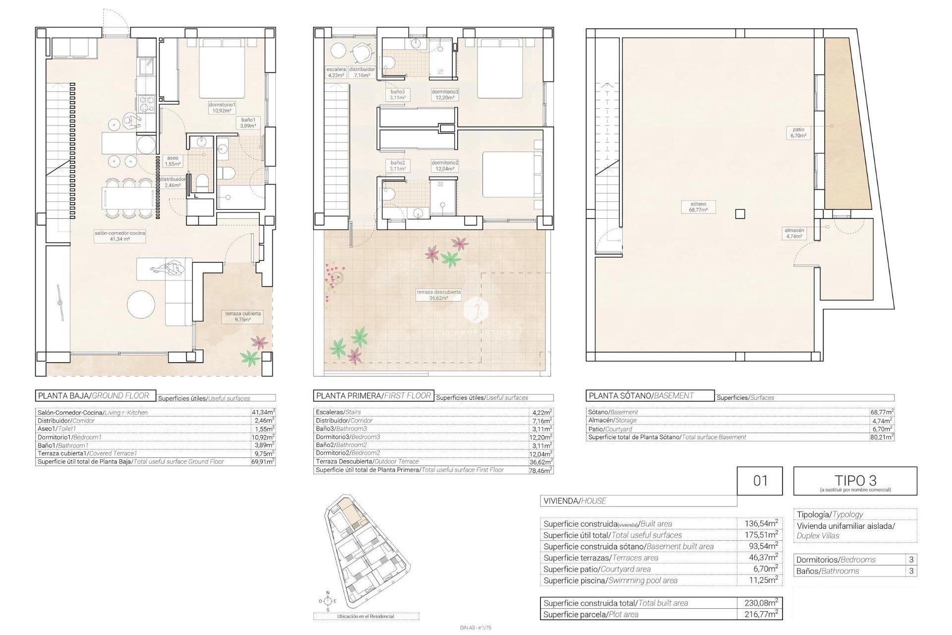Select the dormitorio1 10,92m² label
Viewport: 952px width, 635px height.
222,108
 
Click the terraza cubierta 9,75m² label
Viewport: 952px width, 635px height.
243,317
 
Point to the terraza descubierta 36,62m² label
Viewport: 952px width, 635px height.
438,295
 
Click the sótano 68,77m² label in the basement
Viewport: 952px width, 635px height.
698,207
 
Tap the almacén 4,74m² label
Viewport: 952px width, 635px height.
794,233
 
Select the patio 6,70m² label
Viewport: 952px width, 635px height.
798,132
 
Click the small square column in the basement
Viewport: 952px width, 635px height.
740,214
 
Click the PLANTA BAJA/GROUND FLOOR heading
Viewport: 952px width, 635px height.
96,395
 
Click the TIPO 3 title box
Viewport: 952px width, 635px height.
855,481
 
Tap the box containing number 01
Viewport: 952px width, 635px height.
760,481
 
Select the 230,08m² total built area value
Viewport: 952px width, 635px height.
761,603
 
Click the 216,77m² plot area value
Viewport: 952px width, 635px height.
761,614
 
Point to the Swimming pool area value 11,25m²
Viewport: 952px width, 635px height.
761,580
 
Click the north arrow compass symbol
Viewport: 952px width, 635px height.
327,601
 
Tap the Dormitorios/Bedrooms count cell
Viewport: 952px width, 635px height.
911,560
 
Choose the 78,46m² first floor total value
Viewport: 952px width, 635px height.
540,470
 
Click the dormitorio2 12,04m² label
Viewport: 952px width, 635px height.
445,166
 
